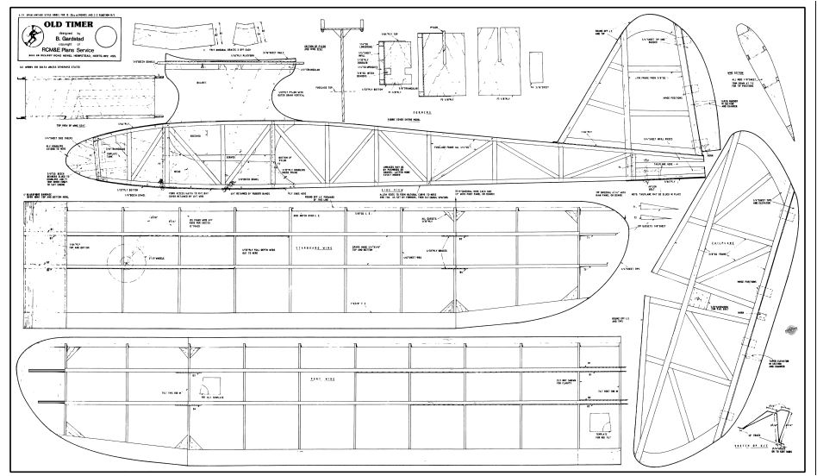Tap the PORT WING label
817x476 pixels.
click(308, 378)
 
